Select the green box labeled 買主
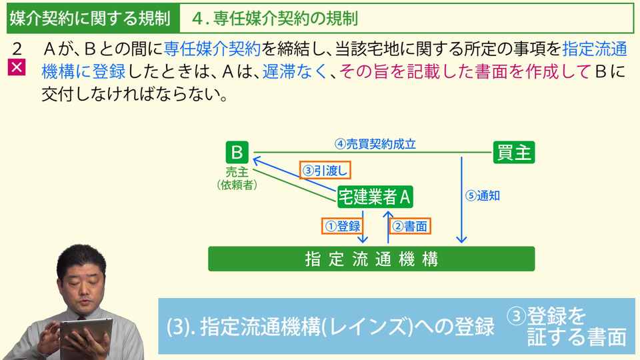513,152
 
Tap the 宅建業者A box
375,197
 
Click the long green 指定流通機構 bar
371,259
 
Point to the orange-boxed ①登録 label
343,226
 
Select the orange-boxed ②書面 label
410,226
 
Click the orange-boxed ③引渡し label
325,171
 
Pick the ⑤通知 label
483,196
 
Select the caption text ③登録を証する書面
567,326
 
